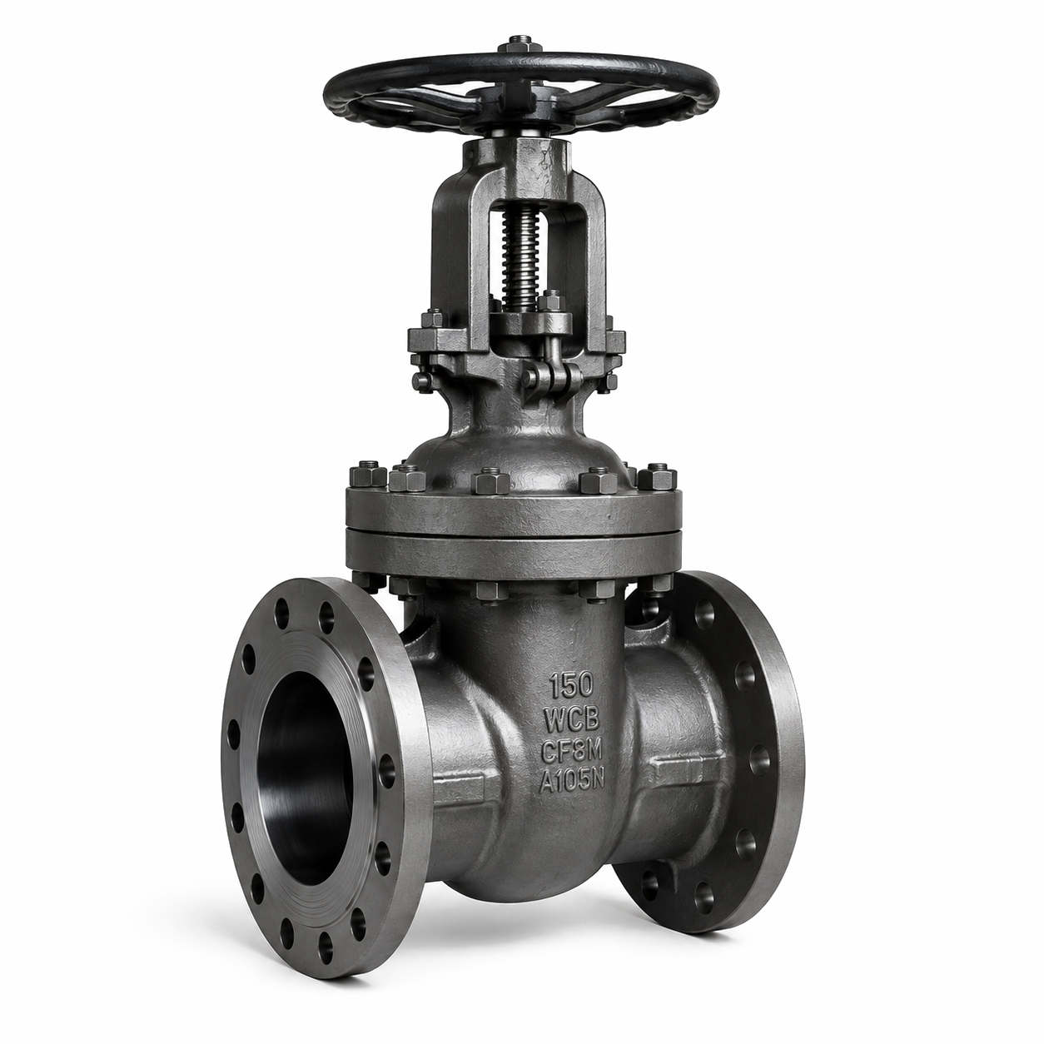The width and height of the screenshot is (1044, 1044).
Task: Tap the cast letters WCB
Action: (572, 720)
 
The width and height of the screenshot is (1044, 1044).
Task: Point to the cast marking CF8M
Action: (572, 752)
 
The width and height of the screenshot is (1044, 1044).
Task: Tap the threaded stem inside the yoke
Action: (520, 260)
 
